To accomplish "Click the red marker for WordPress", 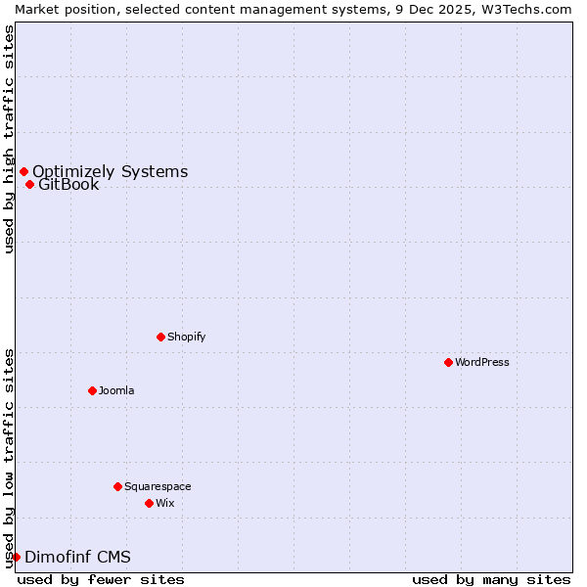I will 448,362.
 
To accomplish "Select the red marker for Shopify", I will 160,337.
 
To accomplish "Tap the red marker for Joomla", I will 92,390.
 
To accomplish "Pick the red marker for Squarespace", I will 117,486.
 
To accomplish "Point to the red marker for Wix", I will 149,503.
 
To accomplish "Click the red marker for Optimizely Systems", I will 23,172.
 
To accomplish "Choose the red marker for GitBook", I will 29,184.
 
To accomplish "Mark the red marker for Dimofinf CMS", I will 16,557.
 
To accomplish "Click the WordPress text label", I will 482,362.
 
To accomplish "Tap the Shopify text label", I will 187,337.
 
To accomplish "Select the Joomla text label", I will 116,390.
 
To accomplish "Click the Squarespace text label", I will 158,486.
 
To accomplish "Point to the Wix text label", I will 164,503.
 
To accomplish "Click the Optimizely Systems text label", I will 110,172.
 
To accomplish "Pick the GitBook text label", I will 68,185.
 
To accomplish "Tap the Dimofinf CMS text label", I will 77,558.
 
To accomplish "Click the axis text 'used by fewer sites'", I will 101,579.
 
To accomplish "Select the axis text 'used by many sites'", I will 491,579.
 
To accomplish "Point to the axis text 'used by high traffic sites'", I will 9,139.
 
